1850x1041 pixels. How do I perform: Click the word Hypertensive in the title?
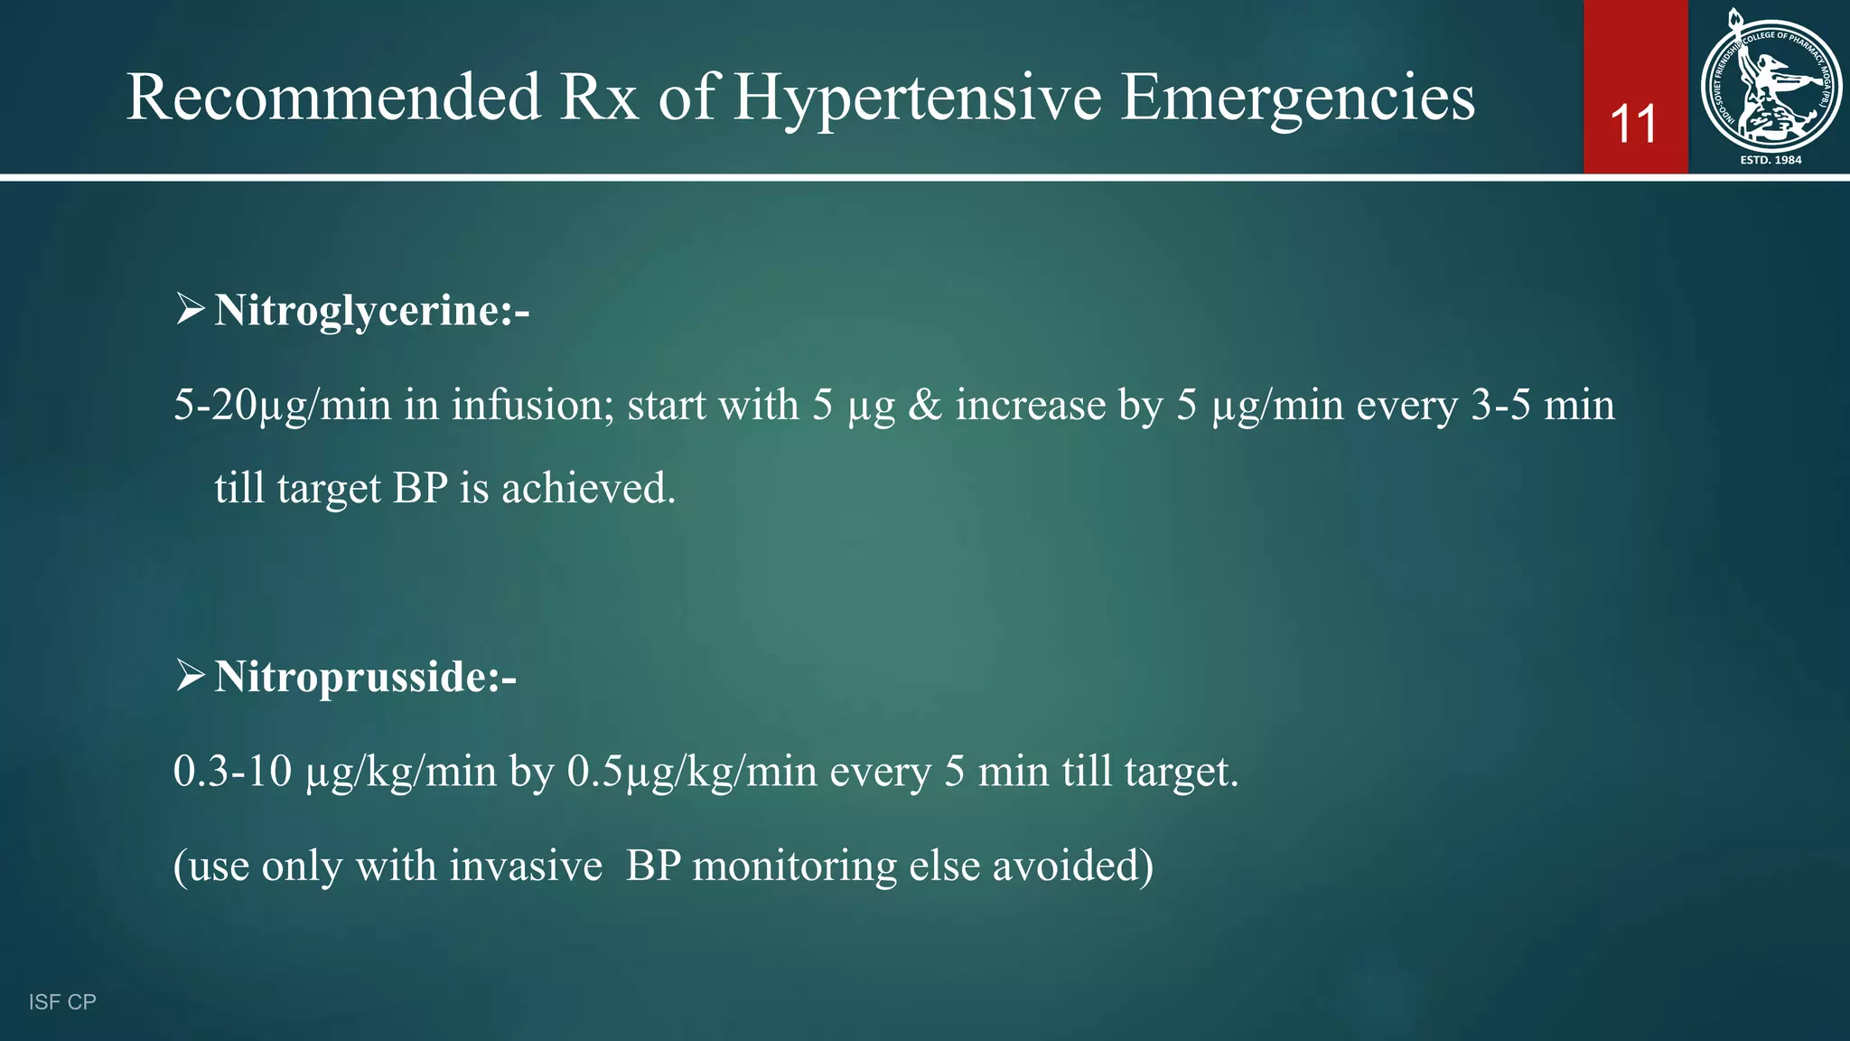click(917, 98)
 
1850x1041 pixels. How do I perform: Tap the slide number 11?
click(1634, 125)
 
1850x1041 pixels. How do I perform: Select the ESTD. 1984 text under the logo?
click(1771, 160)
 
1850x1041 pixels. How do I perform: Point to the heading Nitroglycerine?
click(371, 311)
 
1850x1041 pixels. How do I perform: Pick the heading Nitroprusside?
click(365, 677)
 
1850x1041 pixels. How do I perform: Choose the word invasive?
click(526, 866)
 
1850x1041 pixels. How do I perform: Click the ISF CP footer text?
click(62, 1002)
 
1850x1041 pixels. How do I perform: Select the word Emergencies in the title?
click(1297, 98)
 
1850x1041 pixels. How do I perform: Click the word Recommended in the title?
click(333, 98)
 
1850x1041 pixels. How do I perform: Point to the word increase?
click(1031, 405)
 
